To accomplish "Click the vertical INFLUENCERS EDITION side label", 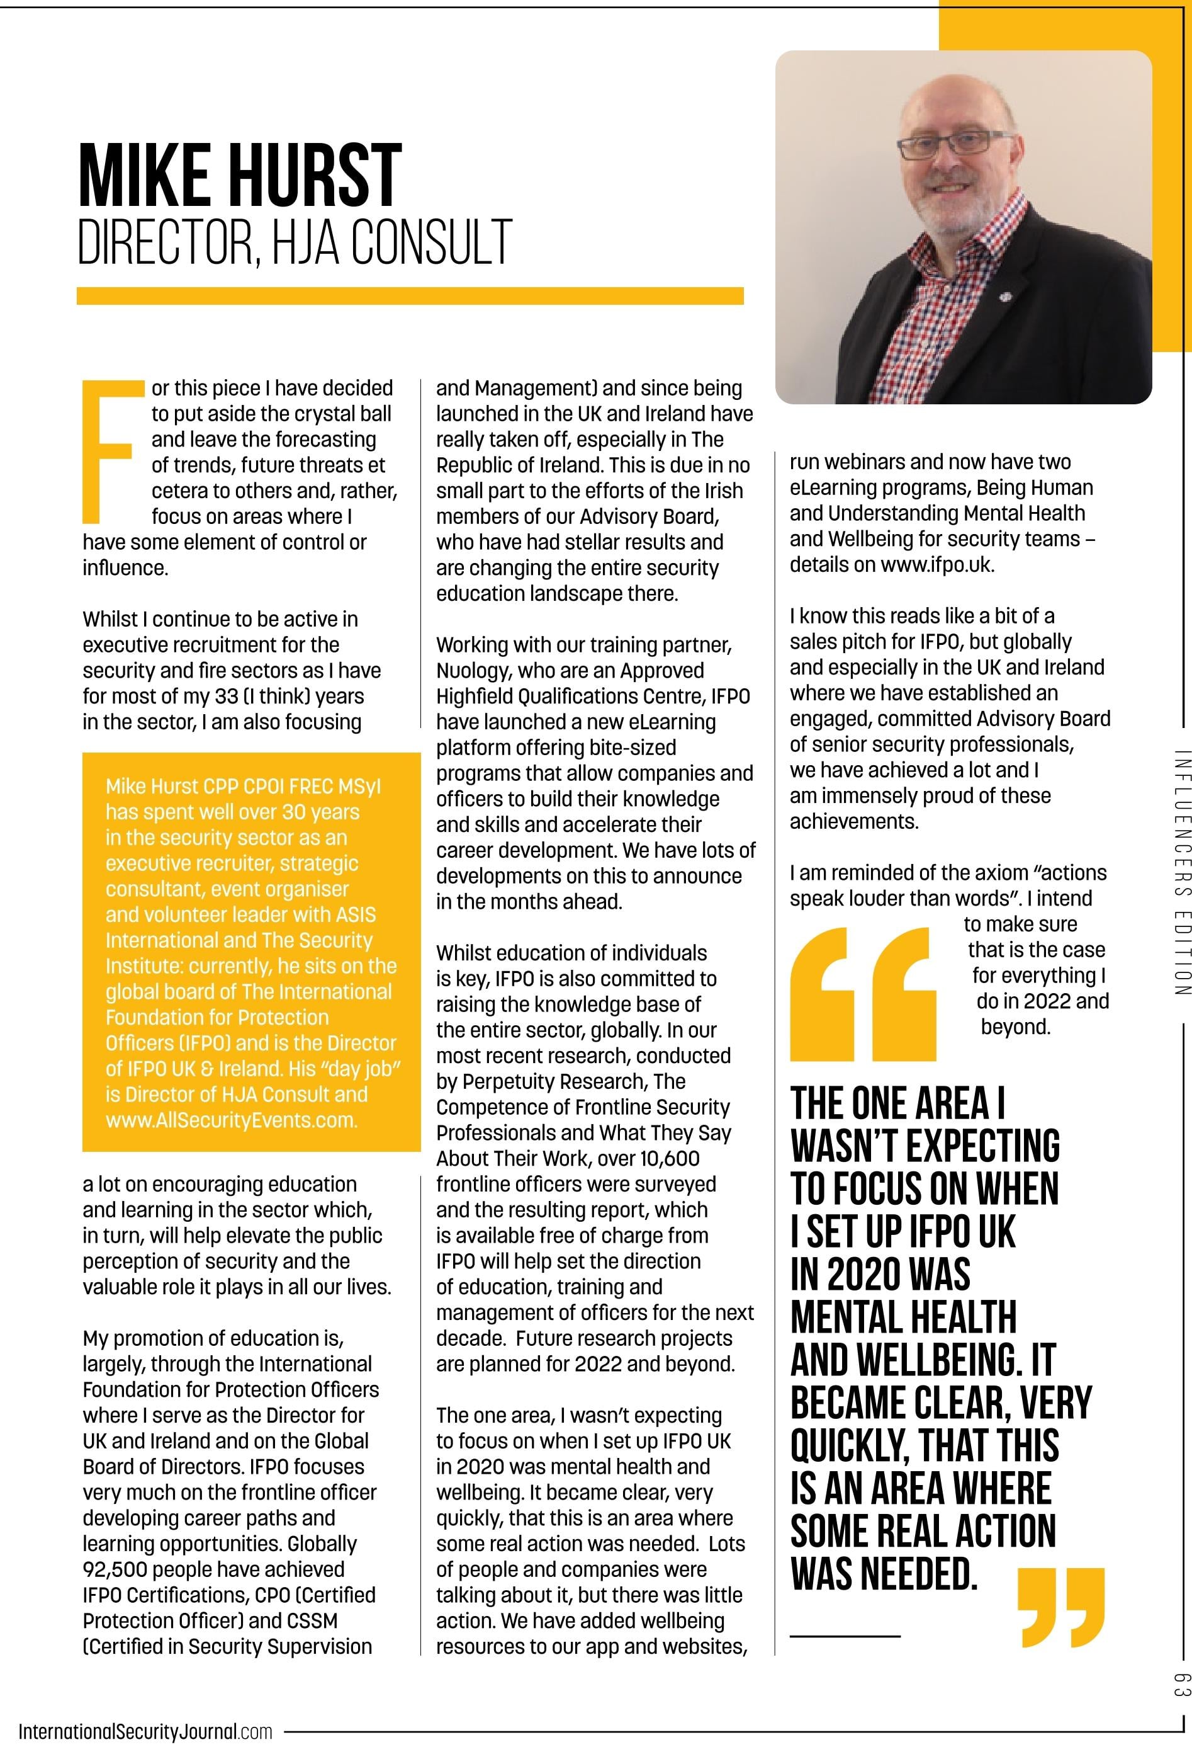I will (x=1181, y=872).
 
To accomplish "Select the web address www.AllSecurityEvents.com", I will (x=232, y=1120).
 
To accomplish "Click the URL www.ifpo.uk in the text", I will (x=936, y=565).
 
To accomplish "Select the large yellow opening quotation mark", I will (x=863, y=994).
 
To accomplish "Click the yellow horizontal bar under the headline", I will (x=410, y=295).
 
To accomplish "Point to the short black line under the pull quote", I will (x=845, y=1636).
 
